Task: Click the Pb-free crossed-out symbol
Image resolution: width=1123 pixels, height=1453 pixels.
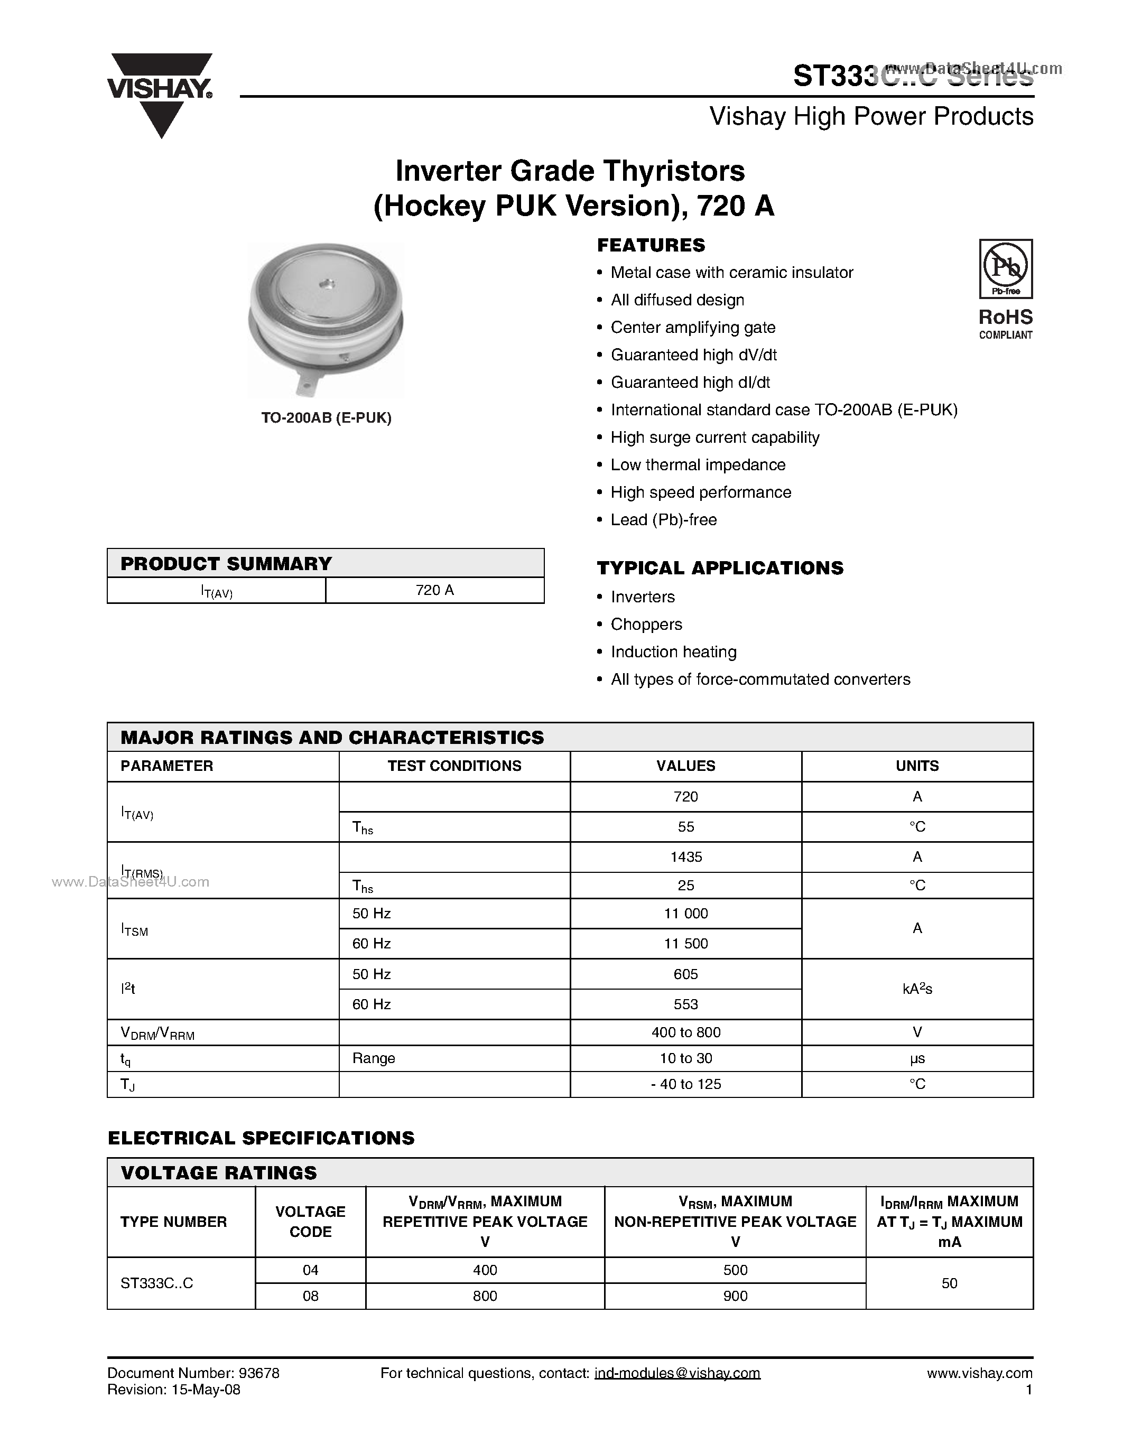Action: point(1005,267)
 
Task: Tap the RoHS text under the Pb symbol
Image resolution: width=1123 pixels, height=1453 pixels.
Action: point(1005,316)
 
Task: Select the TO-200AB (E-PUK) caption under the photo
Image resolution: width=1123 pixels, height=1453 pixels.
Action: point(326,418)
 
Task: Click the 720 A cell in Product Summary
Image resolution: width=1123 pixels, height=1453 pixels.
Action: point(434,590)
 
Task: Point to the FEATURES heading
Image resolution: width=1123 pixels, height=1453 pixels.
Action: point(651,246)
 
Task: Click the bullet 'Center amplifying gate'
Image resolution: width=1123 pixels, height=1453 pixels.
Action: point(693,328)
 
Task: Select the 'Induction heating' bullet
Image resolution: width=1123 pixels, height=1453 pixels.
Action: point(673,652)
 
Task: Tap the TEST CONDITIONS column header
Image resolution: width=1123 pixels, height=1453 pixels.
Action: point(454,766)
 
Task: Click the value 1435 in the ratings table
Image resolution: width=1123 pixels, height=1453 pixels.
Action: point(686,857)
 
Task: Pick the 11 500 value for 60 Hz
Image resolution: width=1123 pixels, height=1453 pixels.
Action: point(686,943)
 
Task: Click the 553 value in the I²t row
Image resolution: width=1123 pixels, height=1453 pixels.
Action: point(686,1004)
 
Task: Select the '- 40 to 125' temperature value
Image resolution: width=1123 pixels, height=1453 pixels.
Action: point(686,1084)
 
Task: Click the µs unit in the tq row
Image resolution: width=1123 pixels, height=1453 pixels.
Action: point(917,1058)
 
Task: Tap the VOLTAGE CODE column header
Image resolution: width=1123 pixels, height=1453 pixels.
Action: point(310,1222)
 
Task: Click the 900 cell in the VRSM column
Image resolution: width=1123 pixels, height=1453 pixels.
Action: point(735,1296)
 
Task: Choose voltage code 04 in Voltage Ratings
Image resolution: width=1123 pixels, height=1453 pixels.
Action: point(310,1270)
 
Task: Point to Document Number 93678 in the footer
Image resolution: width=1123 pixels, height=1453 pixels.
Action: point(193,1373)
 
